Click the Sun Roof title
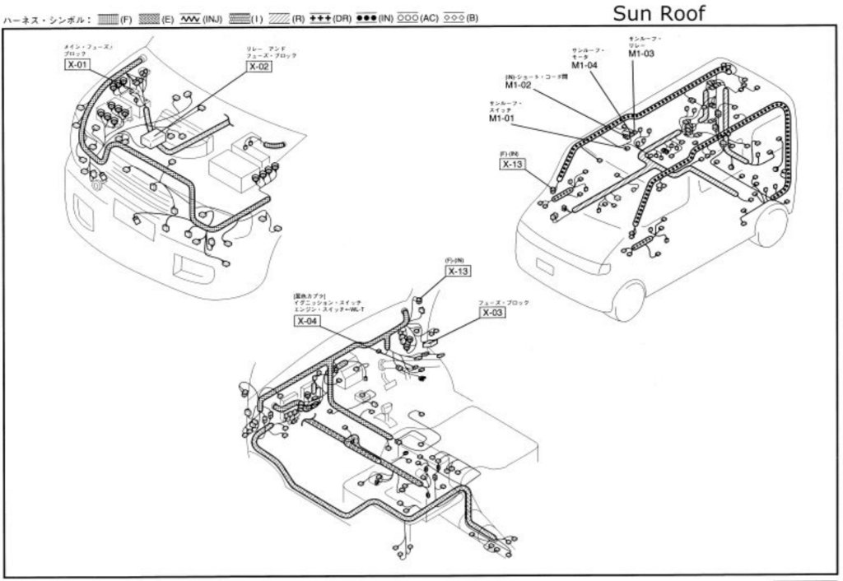[x=659, y=12]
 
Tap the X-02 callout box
[x=258, y=67]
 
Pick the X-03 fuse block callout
[x=491, y=313]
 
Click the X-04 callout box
[x=306, y=321]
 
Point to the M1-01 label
[x=501, y=119]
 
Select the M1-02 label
[x=519, y=86]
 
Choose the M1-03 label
[x=641, y=53]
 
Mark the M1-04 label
[x=584, y=65]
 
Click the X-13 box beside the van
[x=512, y=165]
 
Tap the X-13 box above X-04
[x=458, y=271]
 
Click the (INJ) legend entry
[x=199, y=18]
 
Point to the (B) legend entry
[x=460, y=18]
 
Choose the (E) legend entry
[x=156, y=18]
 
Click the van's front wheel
[x=628, y=300]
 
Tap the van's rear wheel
[x=772, y=226]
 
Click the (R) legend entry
[x=287, y=18]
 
